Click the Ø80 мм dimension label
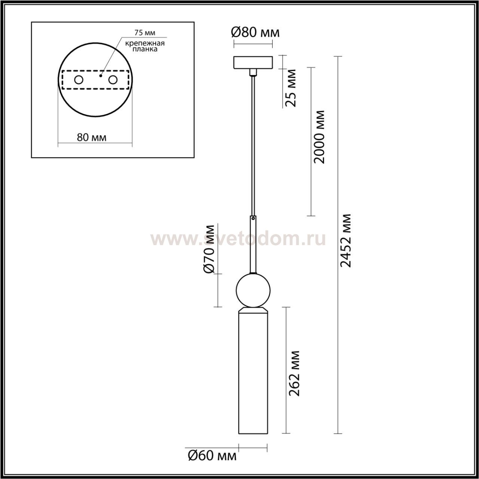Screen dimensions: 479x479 point(255,33)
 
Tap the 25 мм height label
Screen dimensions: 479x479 point(291,88)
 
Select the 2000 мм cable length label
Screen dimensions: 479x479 point(319,137)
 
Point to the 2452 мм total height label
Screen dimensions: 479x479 point(345,240)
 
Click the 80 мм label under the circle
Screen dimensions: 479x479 point(92,137)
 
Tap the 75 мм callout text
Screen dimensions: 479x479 point(145,33)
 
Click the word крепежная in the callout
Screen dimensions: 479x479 point(145,43)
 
